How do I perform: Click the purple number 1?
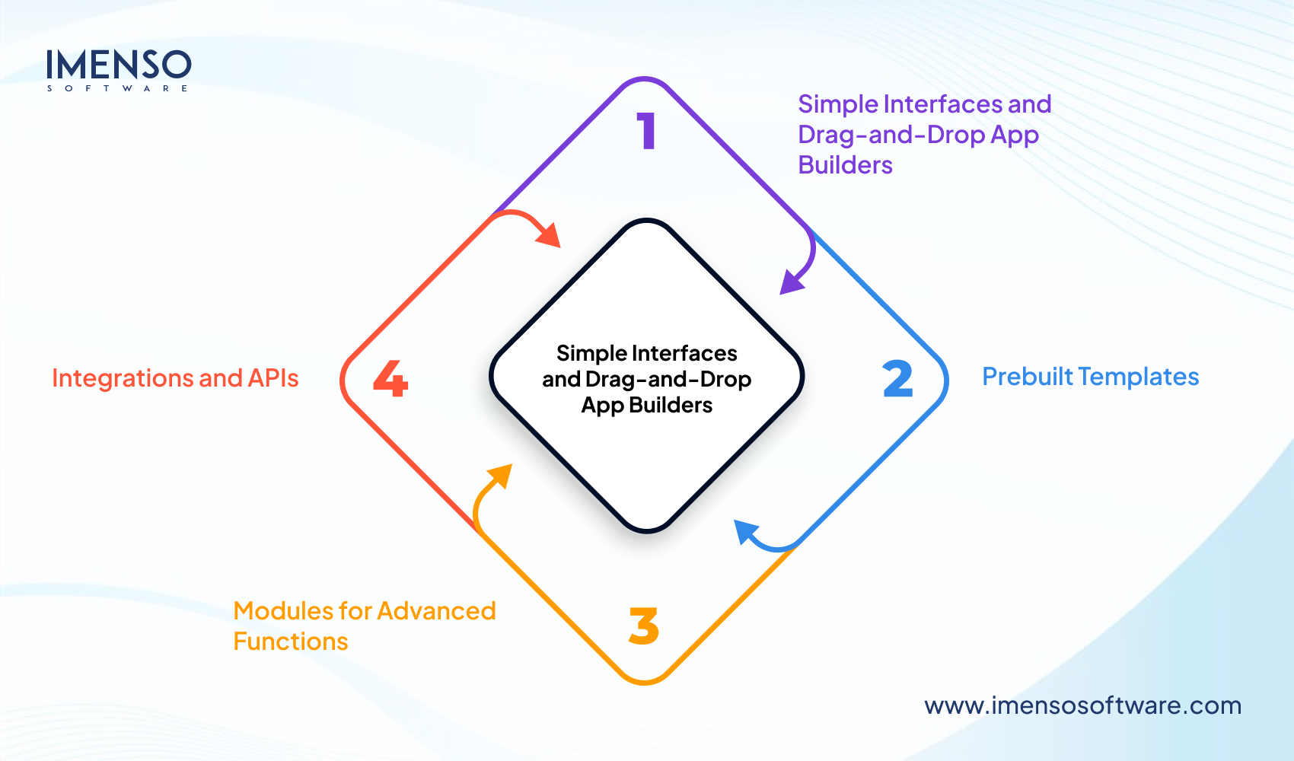pyautogui.click(x=647, y=131)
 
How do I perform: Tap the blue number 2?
pyautogui.click(x=897, y=379)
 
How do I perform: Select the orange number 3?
pyautogui.click(x=644, y=626)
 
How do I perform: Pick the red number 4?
pyautogui.click(x=390, y=379)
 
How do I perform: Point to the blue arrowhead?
pyautogui.click(x=745, y=530)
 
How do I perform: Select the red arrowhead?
pyautogui.click(x=550, y=235)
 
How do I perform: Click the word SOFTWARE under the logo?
pyautogui.click(x=118, y=89)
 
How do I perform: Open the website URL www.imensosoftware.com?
pyautogui.click(x=1082, y=705)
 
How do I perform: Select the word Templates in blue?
pyautogui.click(x=1139, y=377)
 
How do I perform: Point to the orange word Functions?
pyautogui.click(x=291, y=642)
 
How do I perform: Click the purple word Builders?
pyautogui.click(x=845, y=165)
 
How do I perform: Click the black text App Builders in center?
pyautogui.click(x=647, y=405)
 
